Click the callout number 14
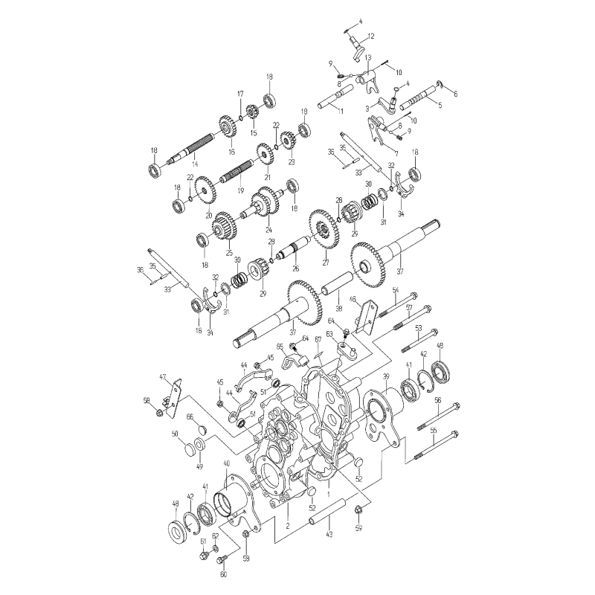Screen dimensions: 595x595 [194, 163]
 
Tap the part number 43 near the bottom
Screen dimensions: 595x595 [329, 534]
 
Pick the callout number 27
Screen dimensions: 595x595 [325, 262]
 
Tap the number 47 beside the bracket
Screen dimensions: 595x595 [163, 379]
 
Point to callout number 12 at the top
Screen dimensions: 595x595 [370, 36]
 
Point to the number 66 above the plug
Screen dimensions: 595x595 [190, 416]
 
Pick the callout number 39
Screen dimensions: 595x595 [385, 377]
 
